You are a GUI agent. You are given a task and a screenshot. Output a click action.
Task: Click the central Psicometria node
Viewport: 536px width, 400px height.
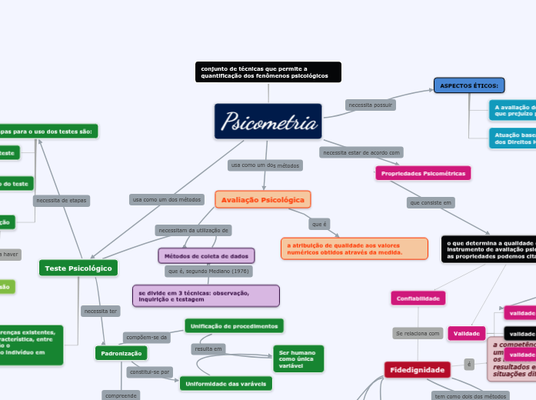pyautogui.click(x=268, y=122)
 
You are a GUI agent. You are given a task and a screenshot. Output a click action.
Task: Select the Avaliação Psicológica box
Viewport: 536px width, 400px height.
pyautogui.click(x=263, y=200)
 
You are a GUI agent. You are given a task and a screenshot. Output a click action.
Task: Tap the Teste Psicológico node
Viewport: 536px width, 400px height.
pyautogui.click(x=78, y=268)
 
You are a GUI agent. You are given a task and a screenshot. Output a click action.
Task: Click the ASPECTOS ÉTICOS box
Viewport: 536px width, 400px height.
pyautogui.click(x=469, y=85)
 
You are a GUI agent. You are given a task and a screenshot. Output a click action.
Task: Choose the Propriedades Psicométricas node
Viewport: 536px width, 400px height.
pyautogui.click(x=423, y=174)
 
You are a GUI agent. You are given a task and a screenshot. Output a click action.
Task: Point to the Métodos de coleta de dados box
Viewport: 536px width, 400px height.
pyautogui.click(x=206, y=255)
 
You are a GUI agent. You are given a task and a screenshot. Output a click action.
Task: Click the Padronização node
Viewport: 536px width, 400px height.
pyautogui.click(x=121, y=353)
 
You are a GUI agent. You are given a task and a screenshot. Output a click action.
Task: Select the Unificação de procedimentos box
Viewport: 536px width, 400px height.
pyautogui.click(x=234, y=326)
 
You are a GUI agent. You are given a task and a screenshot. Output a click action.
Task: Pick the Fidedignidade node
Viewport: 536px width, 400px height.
pyautogui.click(x=418, y=370)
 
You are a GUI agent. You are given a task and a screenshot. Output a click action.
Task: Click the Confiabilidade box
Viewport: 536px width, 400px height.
pyautogui.click(x=418, y=298)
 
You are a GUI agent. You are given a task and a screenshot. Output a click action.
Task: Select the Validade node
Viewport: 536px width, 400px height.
pyautogui.click(x=467, y=333)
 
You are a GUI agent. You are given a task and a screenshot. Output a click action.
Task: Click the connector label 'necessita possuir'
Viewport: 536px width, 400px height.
pyautogui.click(x=371, y=105)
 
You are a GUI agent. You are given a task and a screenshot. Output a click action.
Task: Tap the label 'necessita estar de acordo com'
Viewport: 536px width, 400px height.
pyautogui.click(x=361, y=152)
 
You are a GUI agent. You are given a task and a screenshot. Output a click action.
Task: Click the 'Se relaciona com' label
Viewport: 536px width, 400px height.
pyautogui.click(x=418, y=334)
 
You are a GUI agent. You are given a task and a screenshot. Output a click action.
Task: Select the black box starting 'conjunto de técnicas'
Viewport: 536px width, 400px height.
pyautogui.click(x=268, y=72)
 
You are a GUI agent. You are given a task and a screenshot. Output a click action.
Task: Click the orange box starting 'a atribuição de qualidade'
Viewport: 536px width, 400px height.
pyautogui.click(x=354, y=248)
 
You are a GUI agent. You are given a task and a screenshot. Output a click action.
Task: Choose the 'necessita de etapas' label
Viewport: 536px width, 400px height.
pyautogui.click(x=62, y=201)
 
